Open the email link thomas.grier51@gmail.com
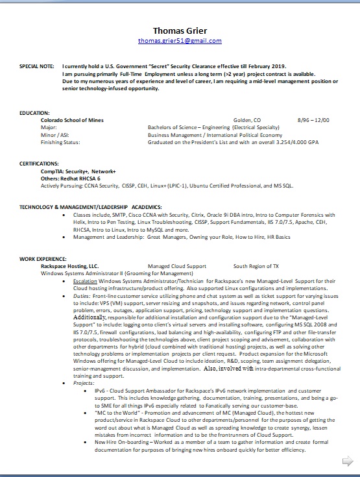tap(180, 41)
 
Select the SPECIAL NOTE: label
tap(37, 66)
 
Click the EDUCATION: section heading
tap(34, 113)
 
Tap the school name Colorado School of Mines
tap(72, 120)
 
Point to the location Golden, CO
tap(246, 120)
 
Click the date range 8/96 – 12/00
tap(313, 120)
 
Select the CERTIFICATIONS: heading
tap(39, 163)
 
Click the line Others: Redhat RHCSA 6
tap(72, 177)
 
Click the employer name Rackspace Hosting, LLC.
tap(70, 266)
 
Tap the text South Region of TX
tap(256, 266)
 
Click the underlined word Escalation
tap(85, 280)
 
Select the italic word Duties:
tap(82, 295)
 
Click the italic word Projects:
tap(84, 384)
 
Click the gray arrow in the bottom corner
tap(347, 461)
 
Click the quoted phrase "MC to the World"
tap(118, 413)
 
